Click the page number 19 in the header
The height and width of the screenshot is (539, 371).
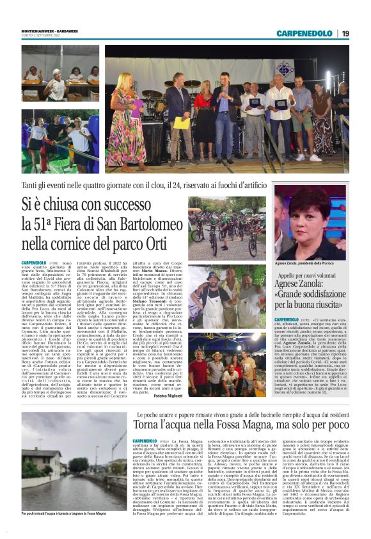point(345,33)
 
